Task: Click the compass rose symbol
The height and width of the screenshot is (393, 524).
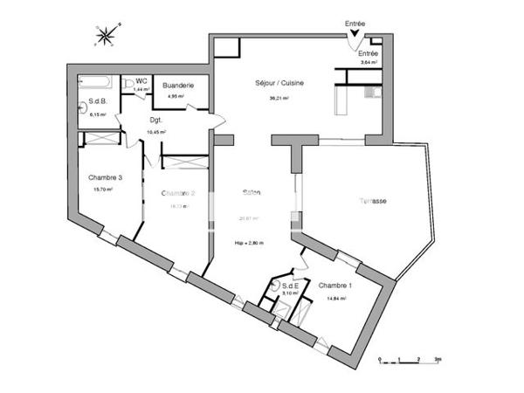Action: (107, 36)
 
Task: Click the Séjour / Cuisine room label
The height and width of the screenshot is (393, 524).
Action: (279, 82)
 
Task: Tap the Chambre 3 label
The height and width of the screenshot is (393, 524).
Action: (104, 178)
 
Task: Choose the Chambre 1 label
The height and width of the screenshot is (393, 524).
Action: (335, 286)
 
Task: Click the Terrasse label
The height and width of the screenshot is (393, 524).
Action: (374, 201)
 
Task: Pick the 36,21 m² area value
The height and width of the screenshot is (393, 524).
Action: (279, 98)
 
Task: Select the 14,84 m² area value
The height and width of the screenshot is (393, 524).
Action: (336, 298)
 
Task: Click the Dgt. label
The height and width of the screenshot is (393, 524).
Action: (157, 120)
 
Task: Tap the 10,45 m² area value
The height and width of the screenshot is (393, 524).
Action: (157, 132)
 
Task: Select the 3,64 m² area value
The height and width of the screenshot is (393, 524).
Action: (369, 63)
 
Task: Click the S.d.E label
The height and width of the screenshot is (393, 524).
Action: (291, 286)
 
